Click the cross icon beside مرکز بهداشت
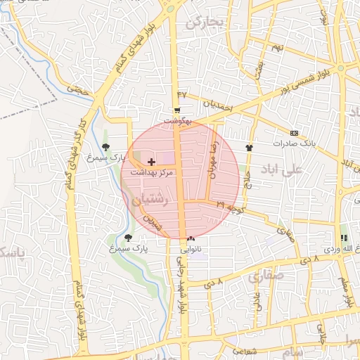151,162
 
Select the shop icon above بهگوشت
176,110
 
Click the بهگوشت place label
177,121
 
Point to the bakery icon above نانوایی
191,238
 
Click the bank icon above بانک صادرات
293,132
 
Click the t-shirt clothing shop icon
248,148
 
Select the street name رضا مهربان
212,158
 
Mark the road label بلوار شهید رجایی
180,285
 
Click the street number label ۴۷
182,94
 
